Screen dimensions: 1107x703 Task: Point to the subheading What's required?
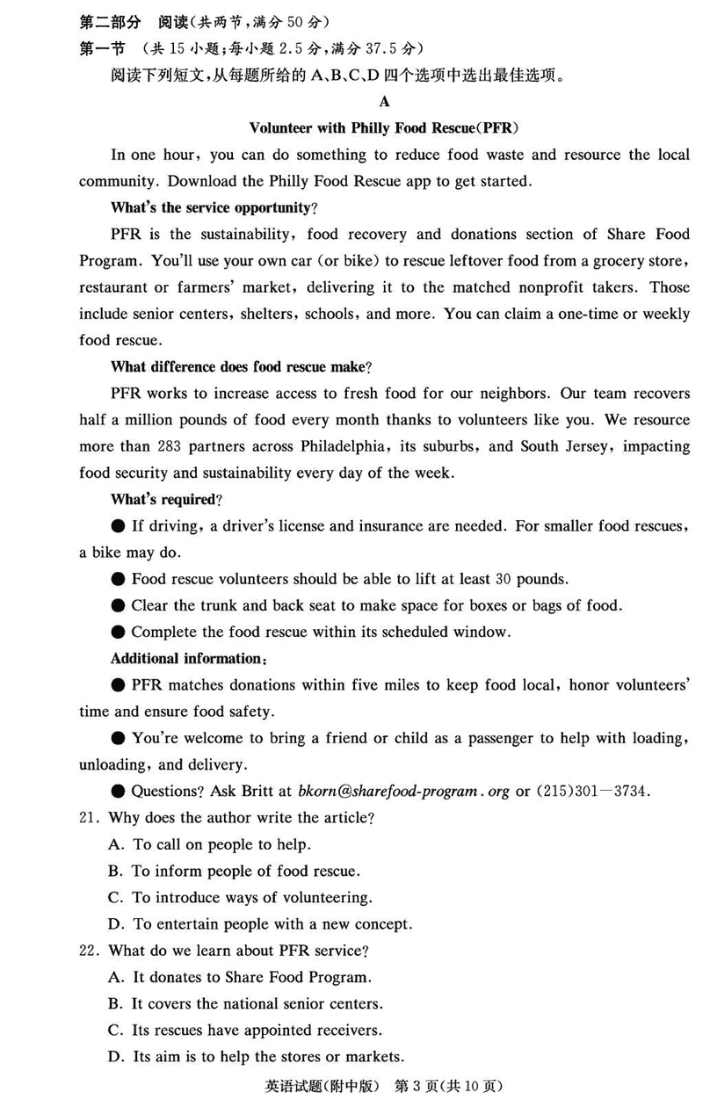click(166, 499)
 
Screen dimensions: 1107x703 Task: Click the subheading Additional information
click(188, 658)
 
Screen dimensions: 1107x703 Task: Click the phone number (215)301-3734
click(595, 792)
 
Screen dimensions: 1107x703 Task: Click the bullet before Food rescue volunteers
click(119, 579)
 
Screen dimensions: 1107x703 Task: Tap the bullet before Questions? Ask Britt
click(119, 792)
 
